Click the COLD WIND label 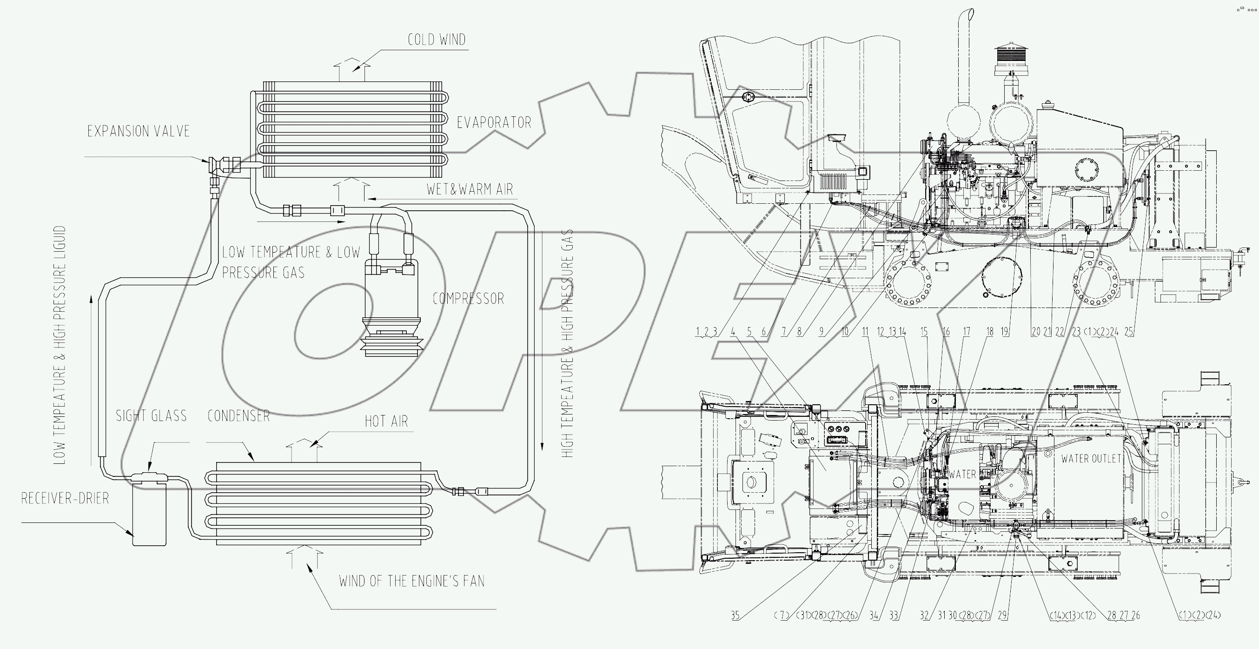pos(437,40)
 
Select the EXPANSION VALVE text pos(139,131)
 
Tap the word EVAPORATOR pos(494,122)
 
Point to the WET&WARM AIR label pos(469,189)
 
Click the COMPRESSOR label pos(468,298)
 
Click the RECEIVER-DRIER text pos(65,498)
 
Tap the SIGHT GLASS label pos(151,416)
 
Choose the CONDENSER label pos(239,416)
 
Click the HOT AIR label pos(386,421)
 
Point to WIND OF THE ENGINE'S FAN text pos(411,581)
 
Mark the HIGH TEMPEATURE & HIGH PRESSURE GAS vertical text pos(567,342)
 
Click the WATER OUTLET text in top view pos(1090,458)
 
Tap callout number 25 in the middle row pos(1128,332)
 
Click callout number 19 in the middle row pos(1004,332)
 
